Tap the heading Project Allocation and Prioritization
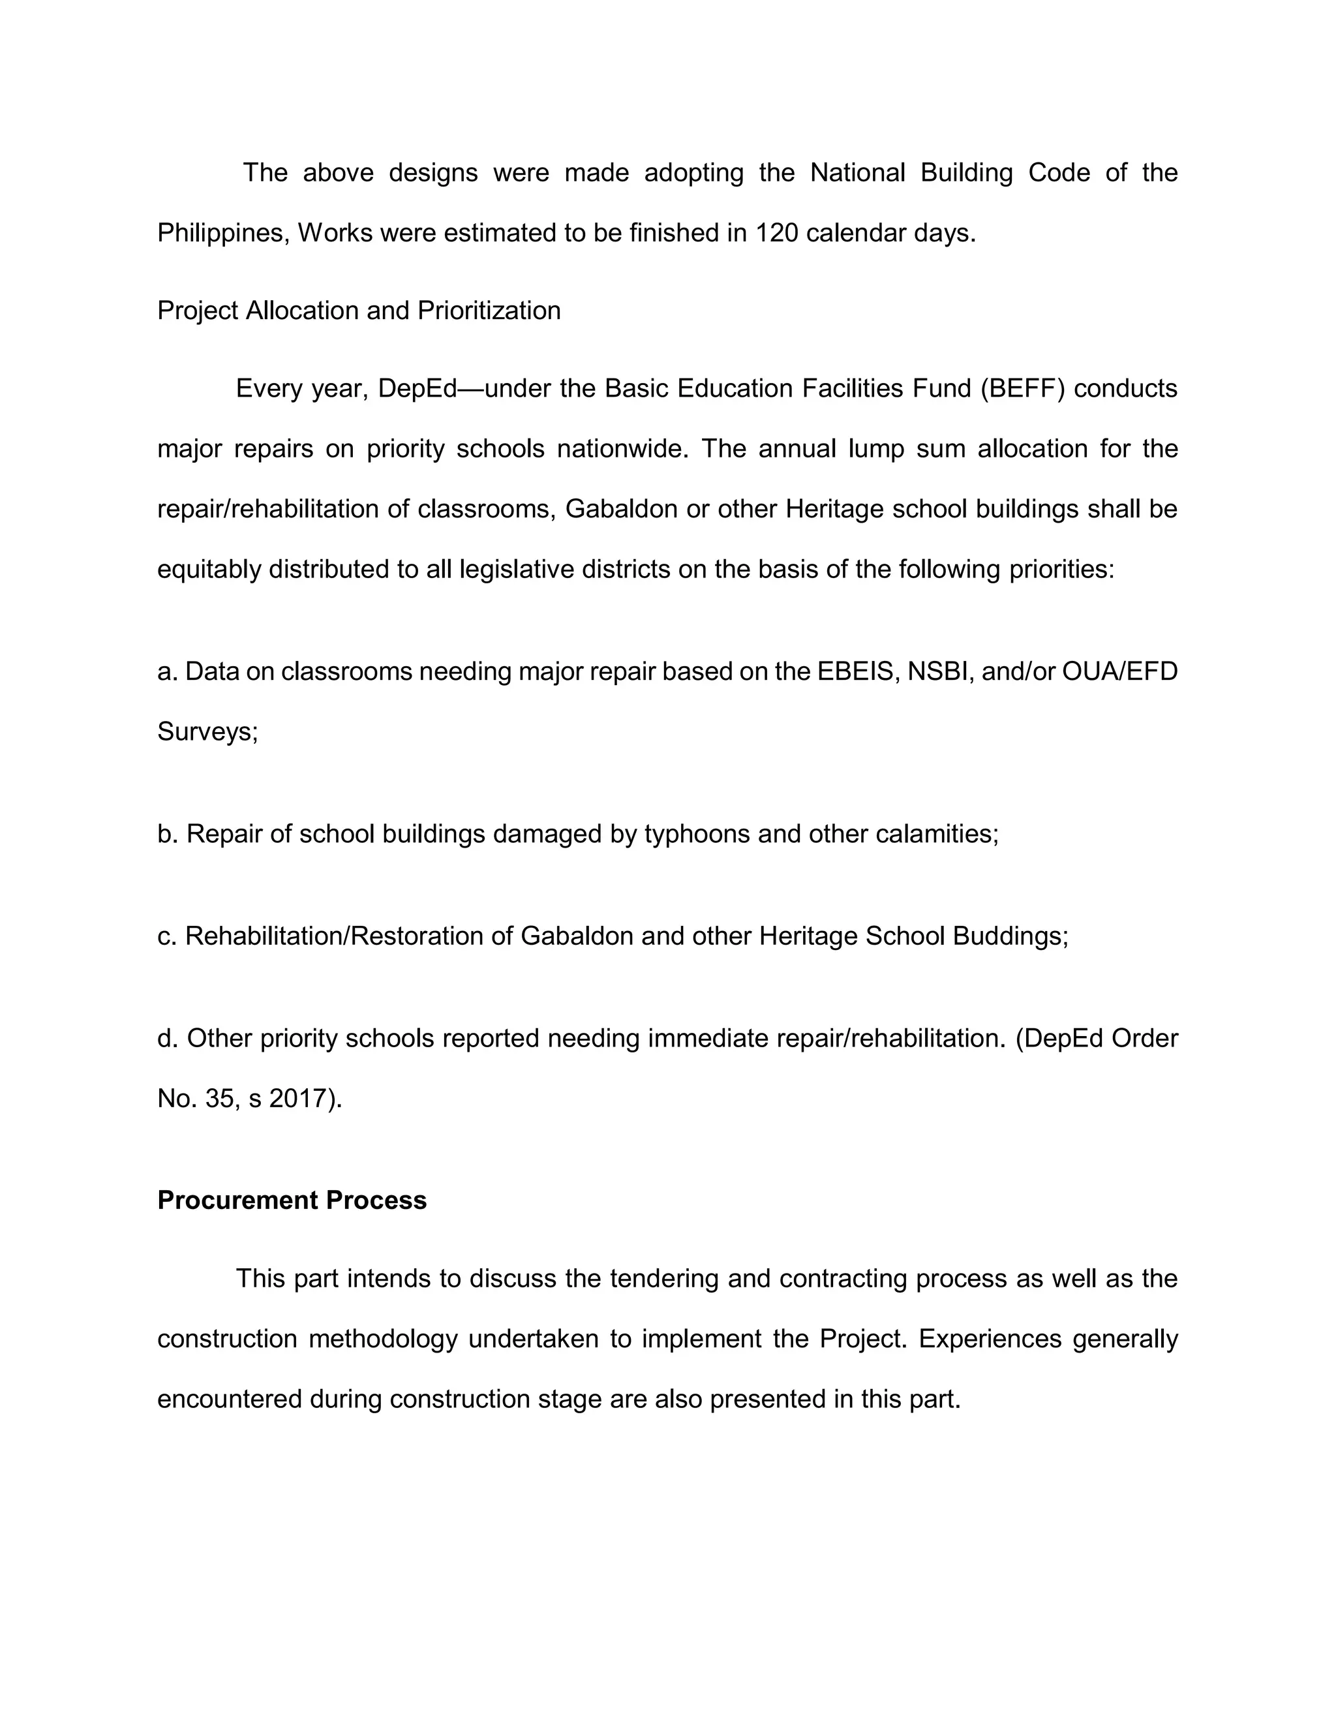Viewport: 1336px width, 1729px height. click(x=359, y=311)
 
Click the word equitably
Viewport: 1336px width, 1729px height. click(x=209, y=569)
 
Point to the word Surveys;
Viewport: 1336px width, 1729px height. click(x=208, y=731)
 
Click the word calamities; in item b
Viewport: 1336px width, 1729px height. click(x=937, y=834)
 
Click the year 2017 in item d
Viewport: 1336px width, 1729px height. click(x=297, y=1098)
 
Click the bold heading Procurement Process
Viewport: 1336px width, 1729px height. click(x=292, y=1200)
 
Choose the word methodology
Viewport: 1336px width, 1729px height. click(x=383, y=1339)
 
